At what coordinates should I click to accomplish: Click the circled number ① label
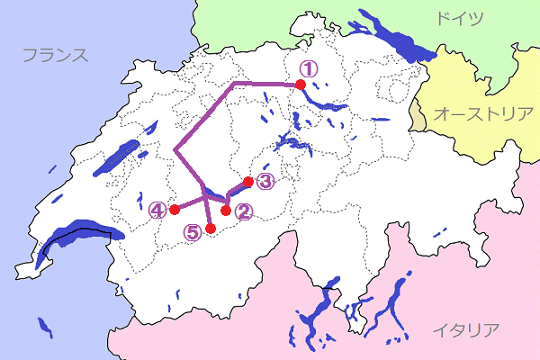(x=308, y=67)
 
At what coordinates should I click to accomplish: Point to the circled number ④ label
(x=158, y=210)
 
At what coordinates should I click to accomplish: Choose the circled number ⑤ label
(x=193, y=231)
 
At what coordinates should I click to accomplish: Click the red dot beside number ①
(x=301, y=85)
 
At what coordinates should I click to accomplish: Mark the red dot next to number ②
(x=227, y=210)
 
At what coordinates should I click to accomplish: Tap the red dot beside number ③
(x=248, y=181)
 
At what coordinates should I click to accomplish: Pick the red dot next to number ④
(x=175, y=210)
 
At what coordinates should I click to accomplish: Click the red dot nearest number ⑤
(x=210, y=229)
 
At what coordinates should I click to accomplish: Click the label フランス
(x=55, y=56)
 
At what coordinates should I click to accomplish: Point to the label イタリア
(x=464, y=329)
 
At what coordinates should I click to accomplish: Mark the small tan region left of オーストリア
(x=418, y=116)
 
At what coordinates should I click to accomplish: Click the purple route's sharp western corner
(x=175, y=150)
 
